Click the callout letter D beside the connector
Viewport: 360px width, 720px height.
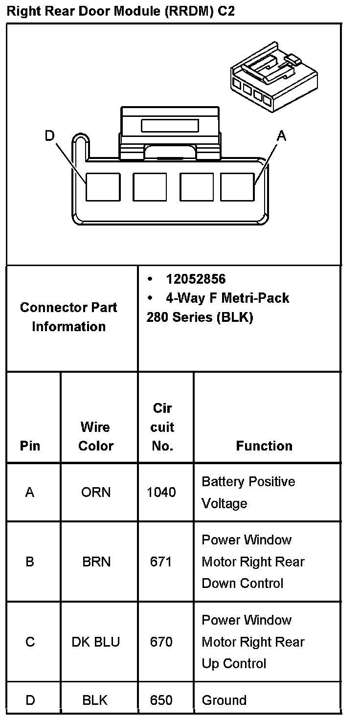pos(49,135)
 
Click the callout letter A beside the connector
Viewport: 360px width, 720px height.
pos(281,136)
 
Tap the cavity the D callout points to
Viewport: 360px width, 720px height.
pos(103,187)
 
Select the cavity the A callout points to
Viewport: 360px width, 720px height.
pos(237,187)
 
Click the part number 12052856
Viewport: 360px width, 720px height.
pos(196,279)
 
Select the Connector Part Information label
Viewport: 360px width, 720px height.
pos(68,317)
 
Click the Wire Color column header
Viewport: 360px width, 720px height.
pos(96,436)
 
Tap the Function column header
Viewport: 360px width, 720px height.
pos(264,446)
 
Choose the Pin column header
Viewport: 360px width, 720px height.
pos(30,446)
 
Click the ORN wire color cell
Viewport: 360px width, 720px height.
pos(96,492)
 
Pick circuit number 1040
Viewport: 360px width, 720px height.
pos(161,492)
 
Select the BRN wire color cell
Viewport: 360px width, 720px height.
pos(96,562)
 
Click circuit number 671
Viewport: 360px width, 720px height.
pos(161,562)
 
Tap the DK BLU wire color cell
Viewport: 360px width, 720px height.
pos(96,642)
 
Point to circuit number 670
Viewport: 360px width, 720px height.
pos(161,642)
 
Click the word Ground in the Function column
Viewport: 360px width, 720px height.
pos(224,700)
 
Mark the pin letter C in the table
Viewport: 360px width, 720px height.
pos(30,642)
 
